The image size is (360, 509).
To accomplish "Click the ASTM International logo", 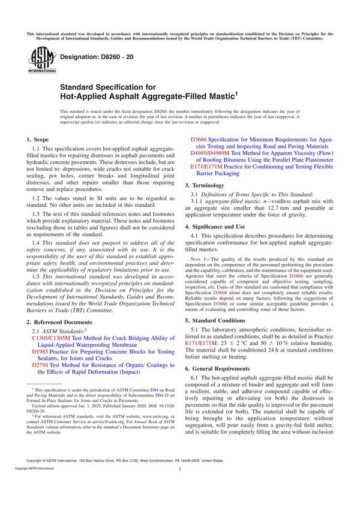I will point(37,60).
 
